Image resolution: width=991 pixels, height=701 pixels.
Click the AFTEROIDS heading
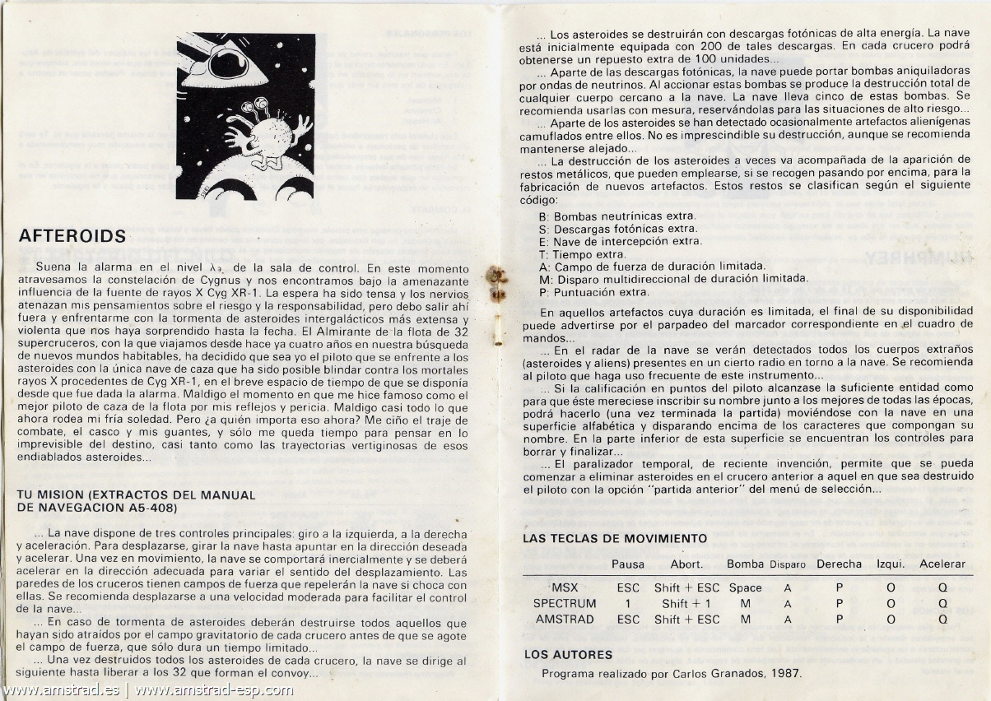(72, 237)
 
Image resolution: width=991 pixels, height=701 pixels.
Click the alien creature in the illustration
(268, 137)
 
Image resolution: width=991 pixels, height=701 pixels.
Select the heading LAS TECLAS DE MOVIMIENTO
(615, 538)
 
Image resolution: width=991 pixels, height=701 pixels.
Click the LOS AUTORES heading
(568, 655)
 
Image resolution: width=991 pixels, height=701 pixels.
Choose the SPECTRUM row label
(564, 603)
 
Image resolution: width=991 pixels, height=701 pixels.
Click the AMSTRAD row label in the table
(564, 619)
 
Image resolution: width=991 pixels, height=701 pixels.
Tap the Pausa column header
(628, 564)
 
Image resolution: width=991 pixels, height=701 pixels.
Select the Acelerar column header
(942, 564)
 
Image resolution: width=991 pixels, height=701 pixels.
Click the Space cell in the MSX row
(745, 587)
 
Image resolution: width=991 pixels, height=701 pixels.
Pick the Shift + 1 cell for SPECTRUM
(686, 603)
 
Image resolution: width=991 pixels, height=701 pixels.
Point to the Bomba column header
(745, 564)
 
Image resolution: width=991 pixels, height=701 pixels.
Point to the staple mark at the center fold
(496, 281)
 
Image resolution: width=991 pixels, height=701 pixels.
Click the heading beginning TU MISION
(136, 501)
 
